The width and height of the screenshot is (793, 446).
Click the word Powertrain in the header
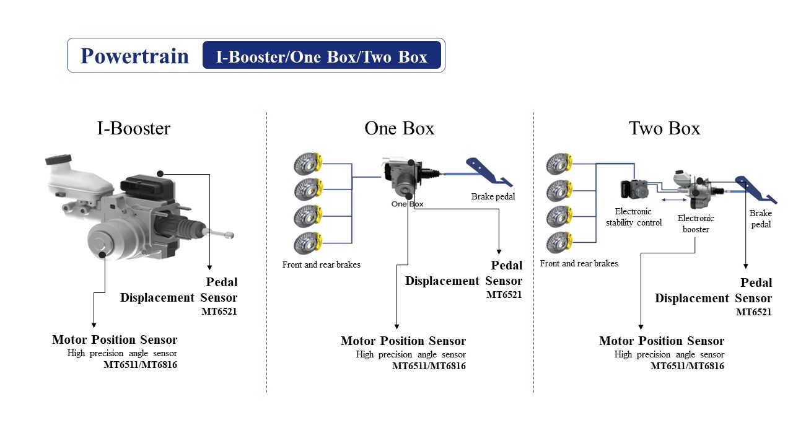click(x=134, y=56)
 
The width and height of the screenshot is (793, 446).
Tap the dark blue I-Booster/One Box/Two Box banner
click(x=322, y=56)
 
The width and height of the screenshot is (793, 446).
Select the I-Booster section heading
click(x=133, y=128)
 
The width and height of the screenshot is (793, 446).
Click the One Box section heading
click(x=399, y=128)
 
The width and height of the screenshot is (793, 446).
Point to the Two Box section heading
click(x=664, y=128)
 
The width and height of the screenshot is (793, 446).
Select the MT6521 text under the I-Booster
click(x=219, y=312)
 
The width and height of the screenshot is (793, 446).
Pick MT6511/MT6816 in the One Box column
click(x=429, y=366)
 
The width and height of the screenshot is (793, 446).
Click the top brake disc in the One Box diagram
click(x=309, y=164)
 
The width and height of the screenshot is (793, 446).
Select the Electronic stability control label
click(x=634, y=217)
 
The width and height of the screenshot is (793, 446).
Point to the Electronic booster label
click(x=695, y=224)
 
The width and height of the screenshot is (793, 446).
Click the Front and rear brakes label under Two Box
click(x=579, y=263)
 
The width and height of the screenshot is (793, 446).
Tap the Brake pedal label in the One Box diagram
click(x=493, y=196)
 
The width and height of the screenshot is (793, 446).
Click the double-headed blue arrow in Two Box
click(x=673, y=200)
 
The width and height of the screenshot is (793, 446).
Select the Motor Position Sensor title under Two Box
click(x=661, y=341)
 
